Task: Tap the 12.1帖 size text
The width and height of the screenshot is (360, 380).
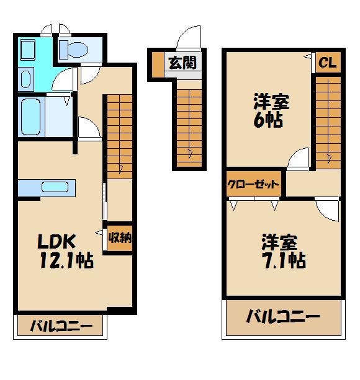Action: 66,261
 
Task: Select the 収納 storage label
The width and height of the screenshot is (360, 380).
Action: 119,237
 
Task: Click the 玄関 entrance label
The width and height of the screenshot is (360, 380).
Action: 183,62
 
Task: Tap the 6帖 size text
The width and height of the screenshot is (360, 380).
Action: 268,118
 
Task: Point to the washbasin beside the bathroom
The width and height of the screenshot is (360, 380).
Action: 25,79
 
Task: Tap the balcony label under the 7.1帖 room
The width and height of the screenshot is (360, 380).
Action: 283,318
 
